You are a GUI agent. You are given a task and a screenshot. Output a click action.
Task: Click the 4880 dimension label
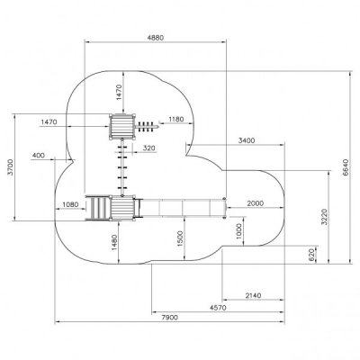[x=156, y=38]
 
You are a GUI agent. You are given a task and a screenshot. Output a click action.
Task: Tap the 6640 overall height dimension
[x=346, y=167]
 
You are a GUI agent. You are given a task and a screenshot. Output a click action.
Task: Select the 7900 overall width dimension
[x=170, y=318]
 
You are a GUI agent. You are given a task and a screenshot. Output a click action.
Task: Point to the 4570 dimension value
[x=218, y=308]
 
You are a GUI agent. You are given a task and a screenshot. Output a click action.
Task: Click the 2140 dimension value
[x=253, y=295]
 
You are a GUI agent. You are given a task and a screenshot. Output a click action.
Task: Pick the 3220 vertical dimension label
[x=324, y=217]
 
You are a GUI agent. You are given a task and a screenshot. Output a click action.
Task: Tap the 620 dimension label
[x=311, y=255]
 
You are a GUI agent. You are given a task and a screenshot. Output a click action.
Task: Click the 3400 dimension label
[x=247, y=140]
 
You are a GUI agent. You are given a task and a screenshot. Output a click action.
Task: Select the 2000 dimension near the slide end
[x=256, y=203]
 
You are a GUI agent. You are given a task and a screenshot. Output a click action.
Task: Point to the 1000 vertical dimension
[x=239, y=231]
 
